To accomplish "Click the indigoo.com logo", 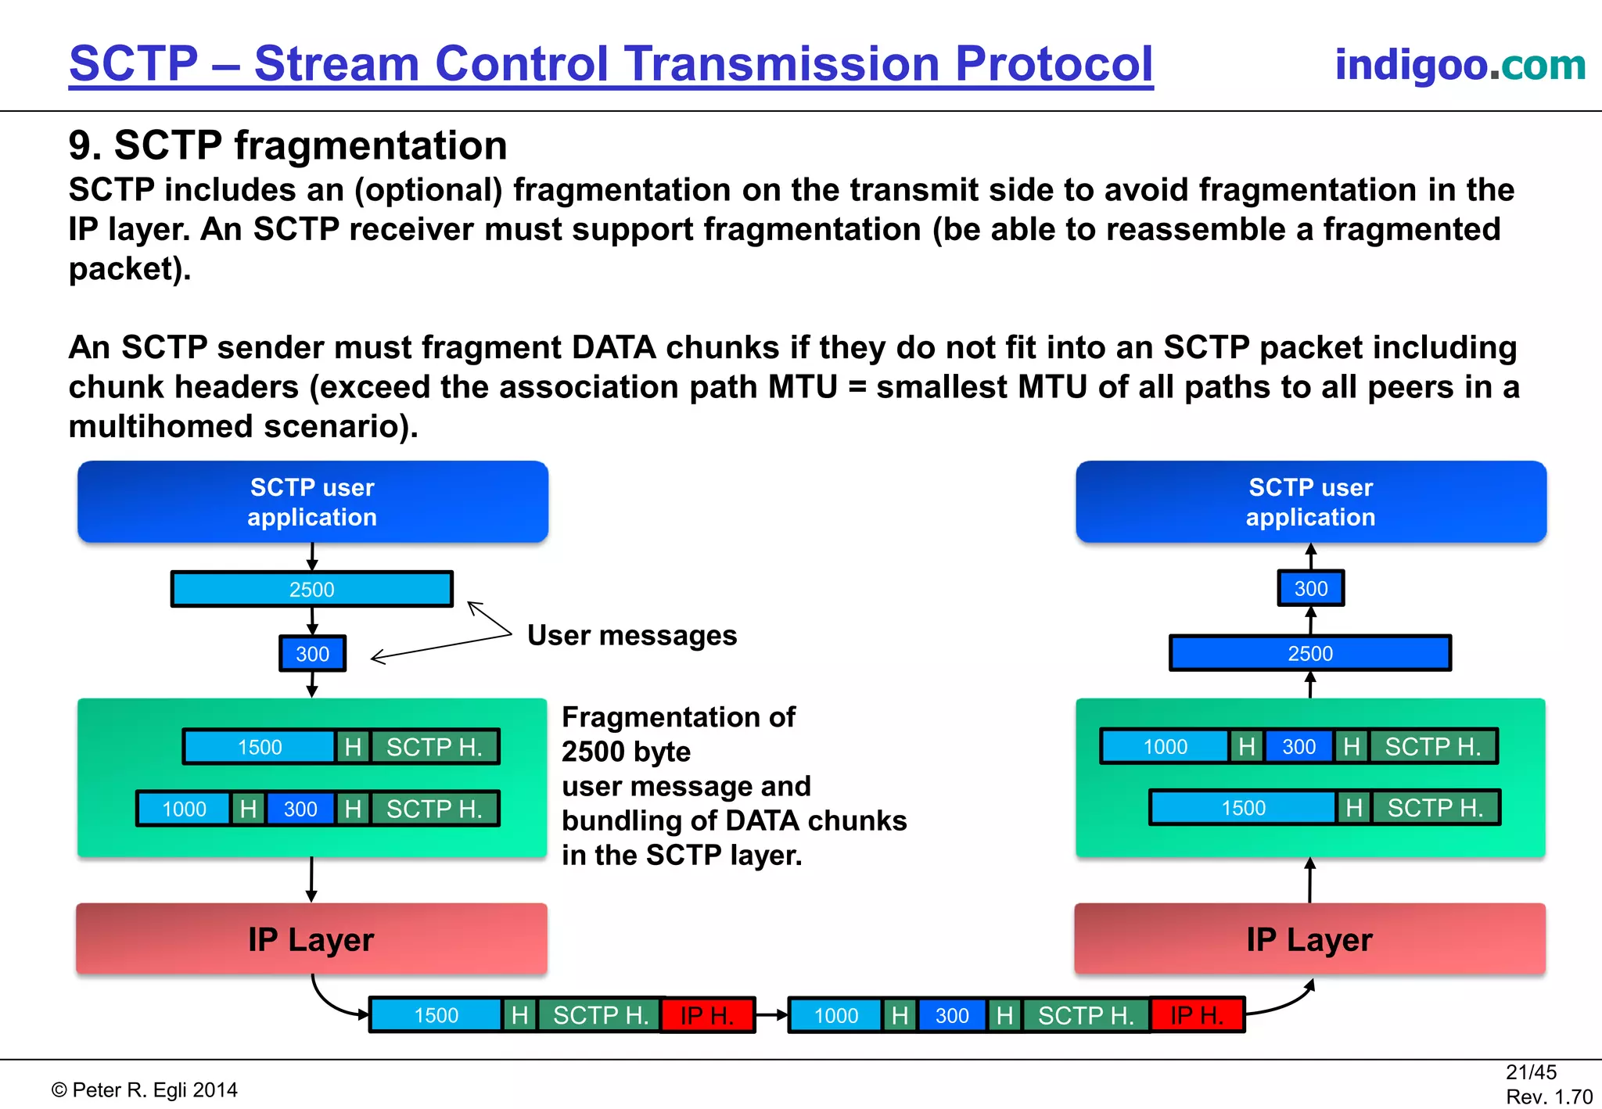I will coord(1459,64).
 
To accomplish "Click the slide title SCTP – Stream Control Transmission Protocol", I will coord(611,64).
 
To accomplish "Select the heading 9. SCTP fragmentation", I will coord(288,145).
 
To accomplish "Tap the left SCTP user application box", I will coord(312,502).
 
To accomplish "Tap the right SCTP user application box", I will coord(1310,502).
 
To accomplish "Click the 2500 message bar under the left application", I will coord(312,589).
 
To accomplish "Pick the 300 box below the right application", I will coord(1310,588).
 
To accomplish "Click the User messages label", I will coord(632,635).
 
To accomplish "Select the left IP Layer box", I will coord(311,939).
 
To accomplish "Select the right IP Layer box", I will coord(1309,939).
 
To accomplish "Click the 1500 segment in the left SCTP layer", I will coord(260,747).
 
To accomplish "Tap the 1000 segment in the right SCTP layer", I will coord(1165,746).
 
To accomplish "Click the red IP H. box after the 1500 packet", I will coord(707,1015).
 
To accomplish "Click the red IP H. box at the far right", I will coord(1197,1015).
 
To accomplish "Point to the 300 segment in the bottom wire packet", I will coord(952,1015).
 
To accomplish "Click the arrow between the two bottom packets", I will coord(771,1015).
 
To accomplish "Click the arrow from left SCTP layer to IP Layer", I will coord(311,880).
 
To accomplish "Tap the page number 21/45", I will coord(1531,1072).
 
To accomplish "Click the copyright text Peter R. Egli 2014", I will coord(145,1090).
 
